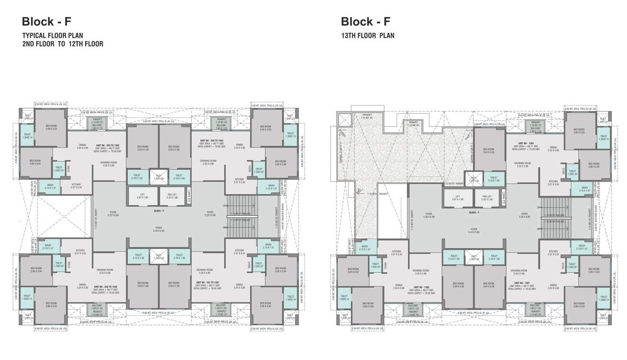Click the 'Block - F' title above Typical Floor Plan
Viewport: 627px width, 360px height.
click(46, 22)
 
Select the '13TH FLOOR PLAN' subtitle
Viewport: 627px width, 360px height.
click(367, 36)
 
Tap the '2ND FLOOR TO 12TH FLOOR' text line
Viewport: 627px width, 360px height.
click(62, 44)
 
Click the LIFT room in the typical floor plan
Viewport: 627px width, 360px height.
click(142, 196)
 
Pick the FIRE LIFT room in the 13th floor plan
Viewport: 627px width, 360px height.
click(486, 198)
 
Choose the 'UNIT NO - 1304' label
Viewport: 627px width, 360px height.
click(526, 143)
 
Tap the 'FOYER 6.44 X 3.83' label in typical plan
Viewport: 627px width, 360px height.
click(159, 229)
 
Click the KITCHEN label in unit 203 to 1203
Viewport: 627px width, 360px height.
click(76, 186)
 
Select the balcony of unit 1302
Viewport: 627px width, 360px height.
click(412, 307)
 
